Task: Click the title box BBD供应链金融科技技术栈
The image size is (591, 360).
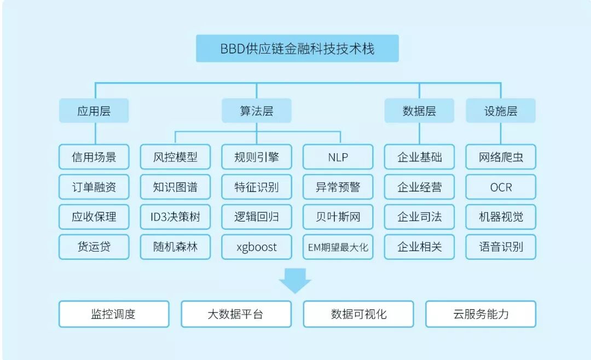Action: pyautogui.click(x=297, y=49)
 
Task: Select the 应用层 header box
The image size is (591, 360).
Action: pyautogui.click(x=94, y=111)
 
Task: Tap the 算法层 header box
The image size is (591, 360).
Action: pyautogui.click(x=256, y=111)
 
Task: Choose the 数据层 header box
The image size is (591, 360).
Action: pyautogui.click(x=419, y=111)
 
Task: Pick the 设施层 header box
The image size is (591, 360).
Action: pyautogui.click(x=501, y=111)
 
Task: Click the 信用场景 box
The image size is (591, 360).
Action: pyautogui.click(x=94, y=157)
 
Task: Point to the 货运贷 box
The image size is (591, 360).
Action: pyautogui.click(x=94, y=247)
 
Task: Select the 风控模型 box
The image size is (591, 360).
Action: pyautogui.click(x=175, y=157)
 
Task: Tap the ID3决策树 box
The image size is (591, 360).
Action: pyautogui.click(x=175, y=217)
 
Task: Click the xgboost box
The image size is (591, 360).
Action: pyautogui.click(x=256, y=247)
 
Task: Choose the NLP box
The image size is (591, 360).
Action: pyautogui.click(x=338, y=157)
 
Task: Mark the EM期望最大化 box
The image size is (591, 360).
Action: pyautogui.click(x=338, y=247)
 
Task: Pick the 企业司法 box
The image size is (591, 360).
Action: pyautogui.click(x=419, y=217)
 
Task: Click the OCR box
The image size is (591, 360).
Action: pyautogui.click(x=501, y=187)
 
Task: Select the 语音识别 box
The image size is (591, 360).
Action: pyautogui.click(x=501, y=247)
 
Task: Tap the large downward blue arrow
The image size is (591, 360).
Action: pyautogui.click(x=295, y=278)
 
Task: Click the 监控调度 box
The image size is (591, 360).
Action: pyautogui.click(x=113, y=314)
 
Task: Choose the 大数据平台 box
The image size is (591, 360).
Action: pyautogui.click(x=236, y=314)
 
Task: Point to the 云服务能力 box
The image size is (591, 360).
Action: pyautogui.click(x=480, y=314)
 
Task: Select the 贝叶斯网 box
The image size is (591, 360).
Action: pyautogui.click(x=338, y=217)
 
